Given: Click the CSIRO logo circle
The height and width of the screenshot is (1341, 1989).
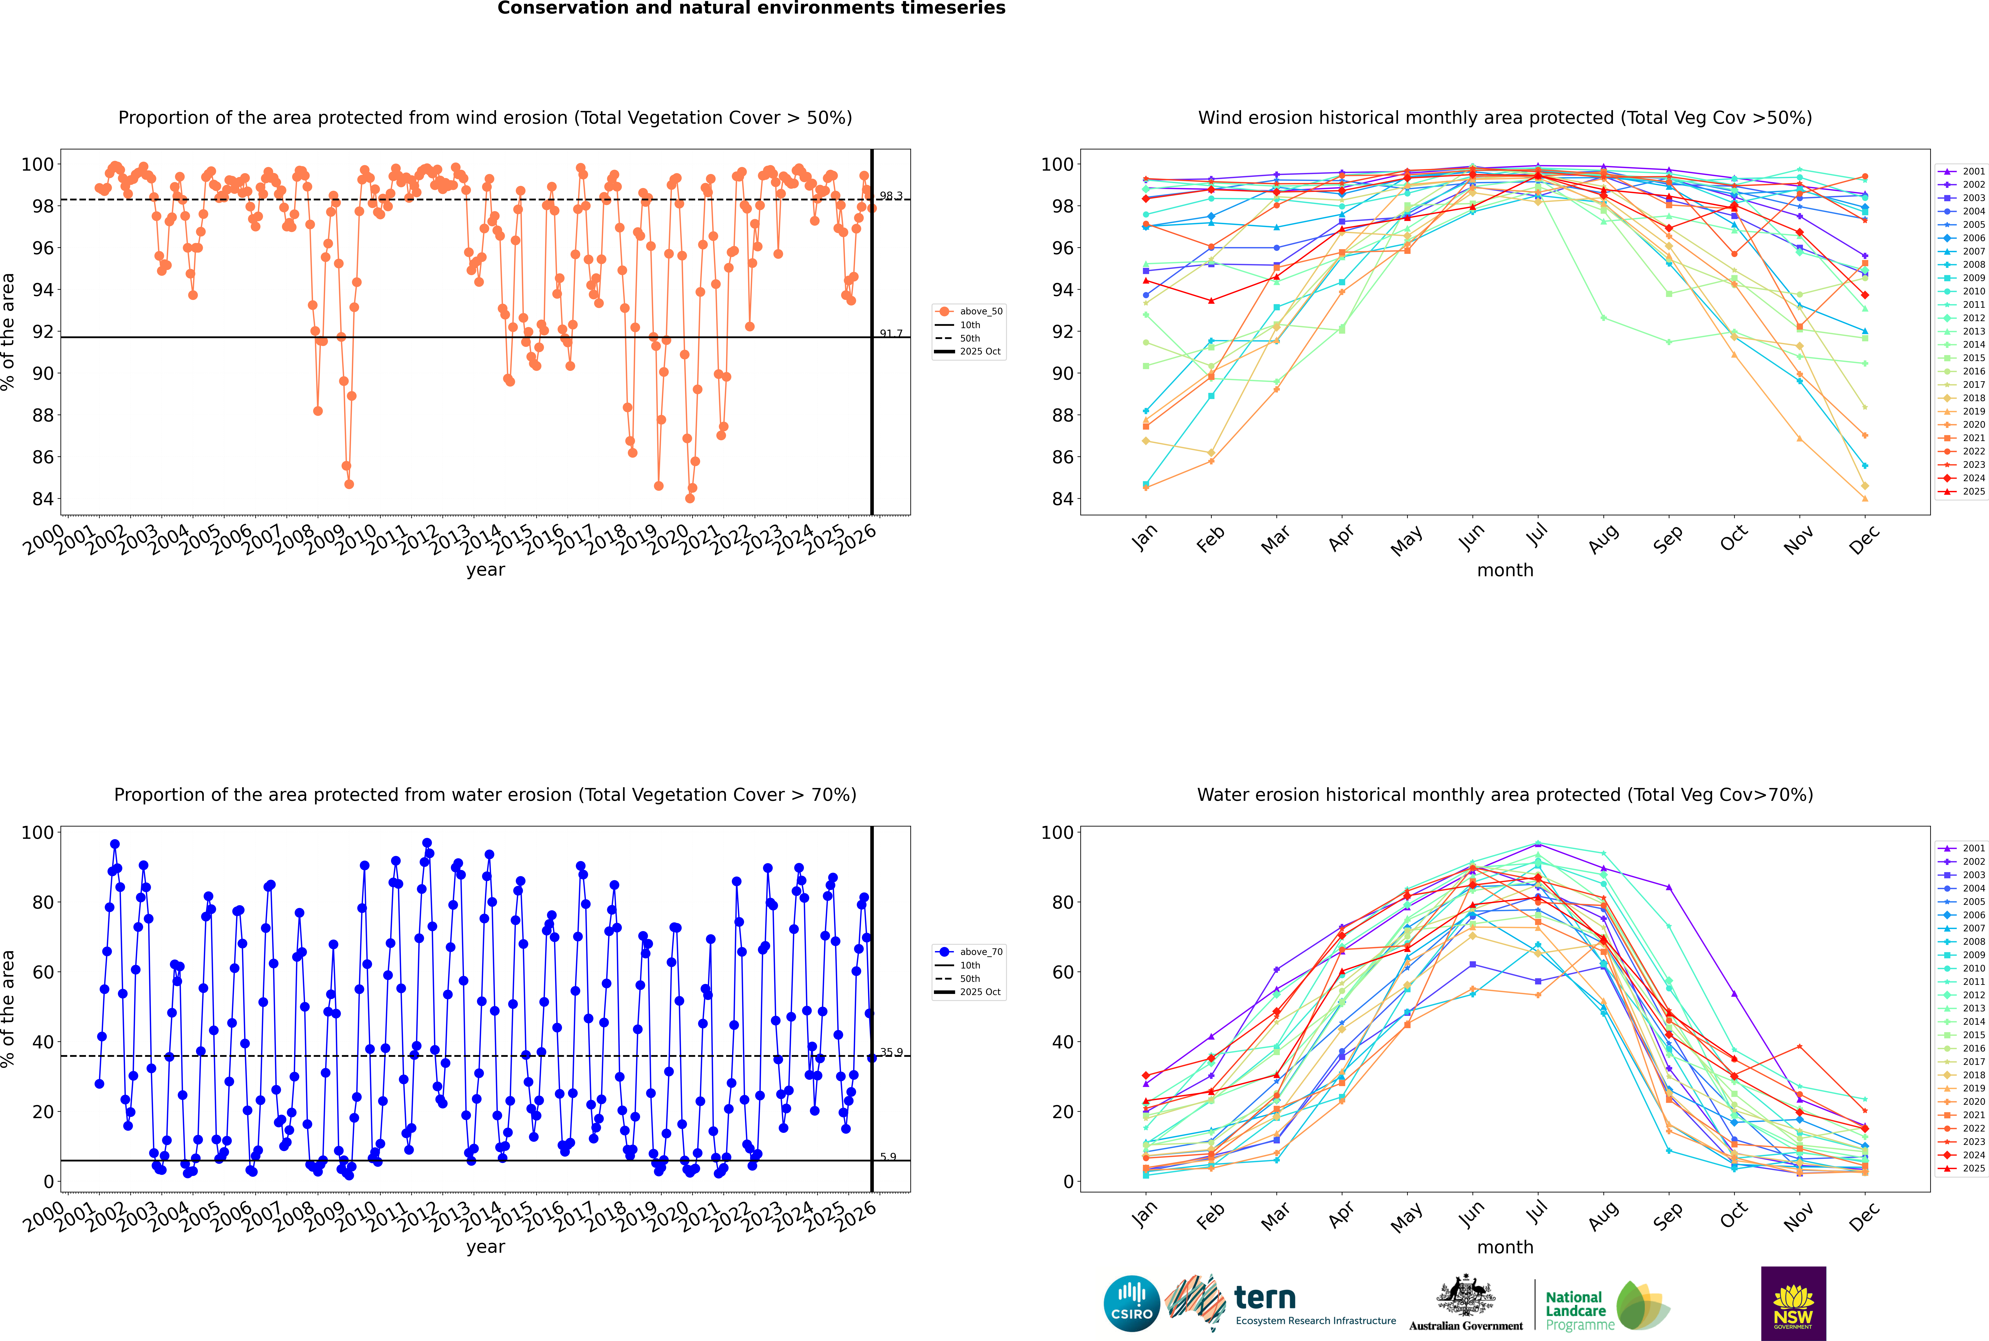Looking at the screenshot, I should tap(1131, 1303).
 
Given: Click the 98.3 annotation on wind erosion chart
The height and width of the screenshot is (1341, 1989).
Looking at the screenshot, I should tap(891, 196).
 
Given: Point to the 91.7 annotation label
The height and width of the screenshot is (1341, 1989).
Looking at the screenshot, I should tap(891, 333).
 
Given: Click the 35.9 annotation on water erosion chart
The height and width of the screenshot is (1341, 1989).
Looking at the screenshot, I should tap(891, 1052).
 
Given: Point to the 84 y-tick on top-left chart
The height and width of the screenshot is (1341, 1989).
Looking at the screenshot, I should tap(43, 499).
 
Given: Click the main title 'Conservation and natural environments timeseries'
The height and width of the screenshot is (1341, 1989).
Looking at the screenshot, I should tap(751, 8).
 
